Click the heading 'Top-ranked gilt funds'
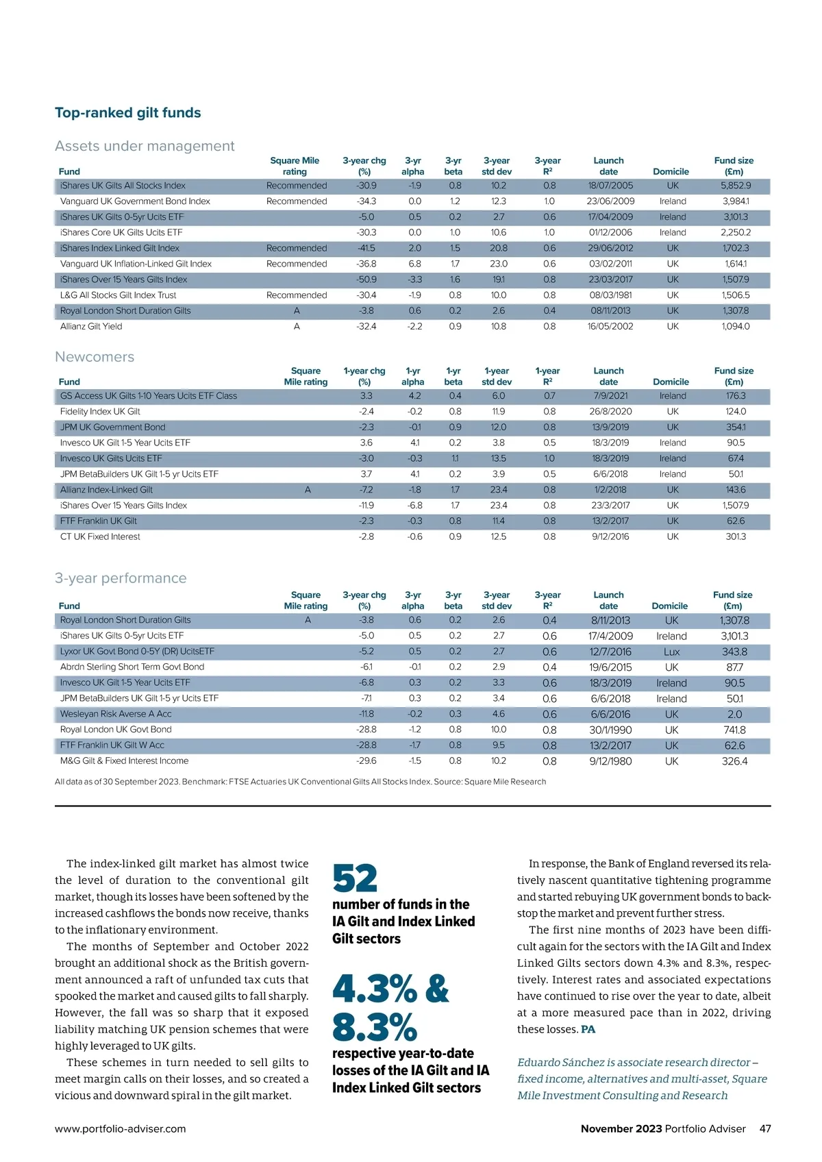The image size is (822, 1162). pyautogui.click(x=127, y=113)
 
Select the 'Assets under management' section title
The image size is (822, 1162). pyautogui.click(x=145, y=146)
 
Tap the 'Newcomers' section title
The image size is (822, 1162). pyautogui.click(x=95, y=357)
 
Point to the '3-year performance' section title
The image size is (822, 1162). pyautogui.click(x=121, y=578)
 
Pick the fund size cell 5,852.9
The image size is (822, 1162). pyautogui.click(x=735, y=186)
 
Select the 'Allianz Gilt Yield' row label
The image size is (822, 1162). pyautogui.click(x=91, y=327)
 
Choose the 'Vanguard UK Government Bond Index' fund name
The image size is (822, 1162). pyautogui.click(x=135, y=201)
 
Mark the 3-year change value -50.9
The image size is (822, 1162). pyautogui.click(x=366, y=280)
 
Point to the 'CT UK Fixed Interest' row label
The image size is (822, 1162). pyautogui.click(x=100, y=537)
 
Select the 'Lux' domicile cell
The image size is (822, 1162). pyautogui.click(x=671, y=652)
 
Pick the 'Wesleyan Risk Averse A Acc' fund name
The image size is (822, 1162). pyautogui.click(x=116, y=714)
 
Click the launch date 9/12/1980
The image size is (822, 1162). pyautogui.click(x=610, y=761)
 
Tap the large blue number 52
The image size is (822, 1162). pyautogui.click(x=355, y=879)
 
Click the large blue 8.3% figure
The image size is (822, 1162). pyautogui.click(x=374, y=1028)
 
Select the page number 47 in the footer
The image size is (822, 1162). pyautogui.click(x=765, y=1129)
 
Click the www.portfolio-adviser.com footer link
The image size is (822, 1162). pyautogui.click(x=121, y=1129)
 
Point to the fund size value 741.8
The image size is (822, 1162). pyautogui.click(x=734, y=730)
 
